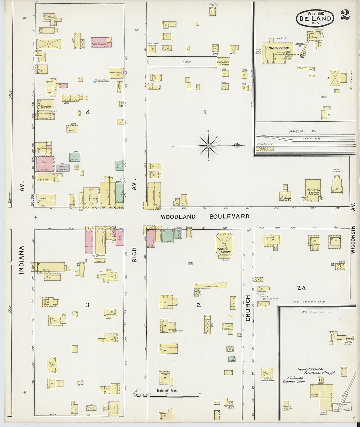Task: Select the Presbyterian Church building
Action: coord(313,190)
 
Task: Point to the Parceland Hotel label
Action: coord(279,48)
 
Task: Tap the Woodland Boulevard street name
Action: coord(205,217)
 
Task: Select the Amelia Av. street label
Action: coord(298,131)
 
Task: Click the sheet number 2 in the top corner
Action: coord(345,15)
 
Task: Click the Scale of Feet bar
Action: coord(166,396)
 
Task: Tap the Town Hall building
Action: coord(45,105)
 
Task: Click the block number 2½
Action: coord(301,288)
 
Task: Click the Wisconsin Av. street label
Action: coord(353,240)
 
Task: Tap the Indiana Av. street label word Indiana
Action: coord(22,259)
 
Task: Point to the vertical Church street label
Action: coord(248,308)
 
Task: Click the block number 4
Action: coord(88,113)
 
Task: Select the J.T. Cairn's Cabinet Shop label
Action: coord(294,380)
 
